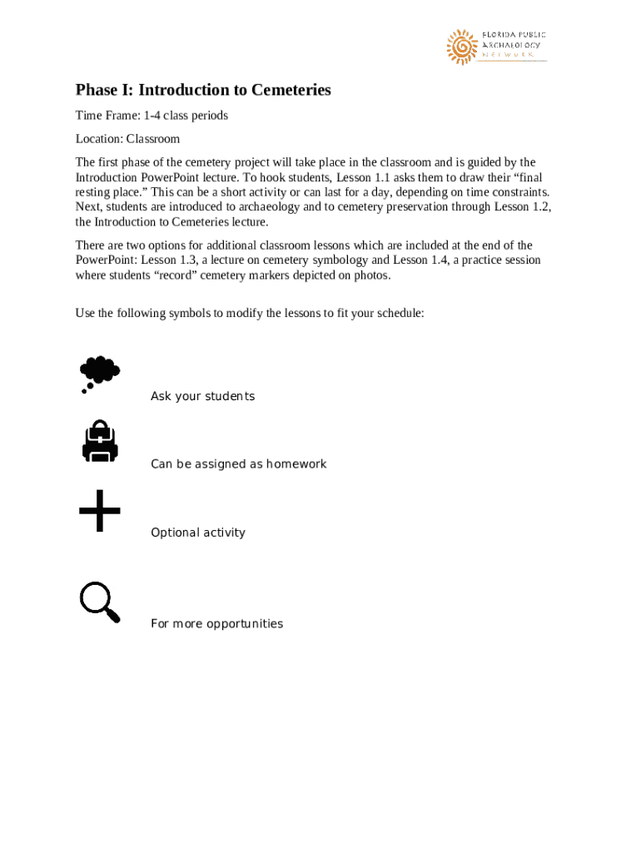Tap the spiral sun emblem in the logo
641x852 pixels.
coord(460,47)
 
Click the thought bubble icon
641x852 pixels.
coord(99,373)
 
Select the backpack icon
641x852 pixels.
coord(100,441)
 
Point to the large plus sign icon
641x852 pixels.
coord(100,511)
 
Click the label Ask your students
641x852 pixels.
coord(202,396)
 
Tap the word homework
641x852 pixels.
coord(296,463)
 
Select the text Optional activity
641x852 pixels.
coord(198,532)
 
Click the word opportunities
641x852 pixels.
coord(245,624)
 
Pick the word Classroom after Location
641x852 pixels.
coord(152,139)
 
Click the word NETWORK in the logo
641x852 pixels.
coord(508,55)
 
